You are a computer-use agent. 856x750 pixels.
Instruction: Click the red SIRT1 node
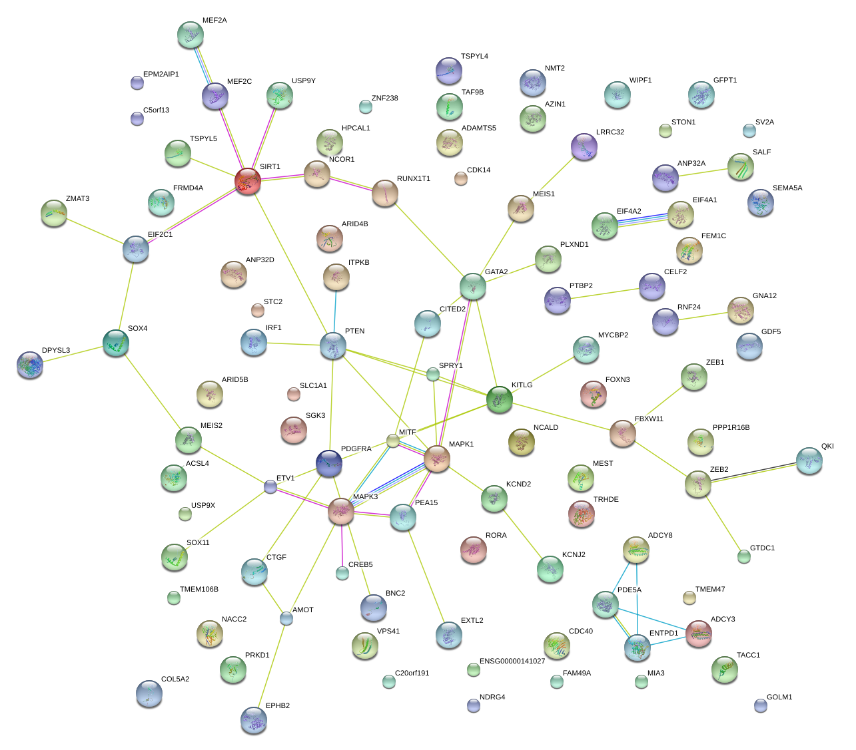point(247,181)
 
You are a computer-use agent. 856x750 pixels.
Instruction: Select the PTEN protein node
point(332,346)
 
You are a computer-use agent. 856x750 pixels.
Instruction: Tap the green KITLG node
point(500,399)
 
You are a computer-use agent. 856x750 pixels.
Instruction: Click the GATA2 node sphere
point(472,285)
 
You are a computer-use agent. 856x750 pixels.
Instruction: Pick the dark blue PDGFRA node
point(329,463)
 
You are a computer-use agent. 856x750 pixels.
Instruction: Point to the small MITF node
point(393,441)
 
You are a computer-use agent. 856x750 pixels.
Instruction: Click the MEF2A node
point(191,35)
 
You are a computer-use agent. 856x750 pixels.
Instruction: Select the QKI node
point(809,460)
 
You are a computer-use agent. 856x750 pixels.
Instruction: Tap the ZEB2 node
point(697,484)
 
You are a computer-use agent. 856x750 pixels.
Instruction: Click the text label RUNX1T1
point(414,179)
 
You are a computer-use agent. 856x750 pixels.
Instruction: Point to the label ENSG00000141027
point(512,661)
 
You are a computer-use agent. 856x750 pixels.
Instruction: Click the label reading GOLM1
point(779,697)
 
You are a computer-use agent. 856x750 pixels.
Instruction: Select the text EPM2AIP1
point(161,75)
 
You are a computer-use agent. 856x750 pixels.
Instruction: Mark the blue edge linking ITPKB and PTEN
point(334,309)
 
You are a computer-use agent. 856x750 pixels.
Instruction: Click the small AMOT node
point(286,618)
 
